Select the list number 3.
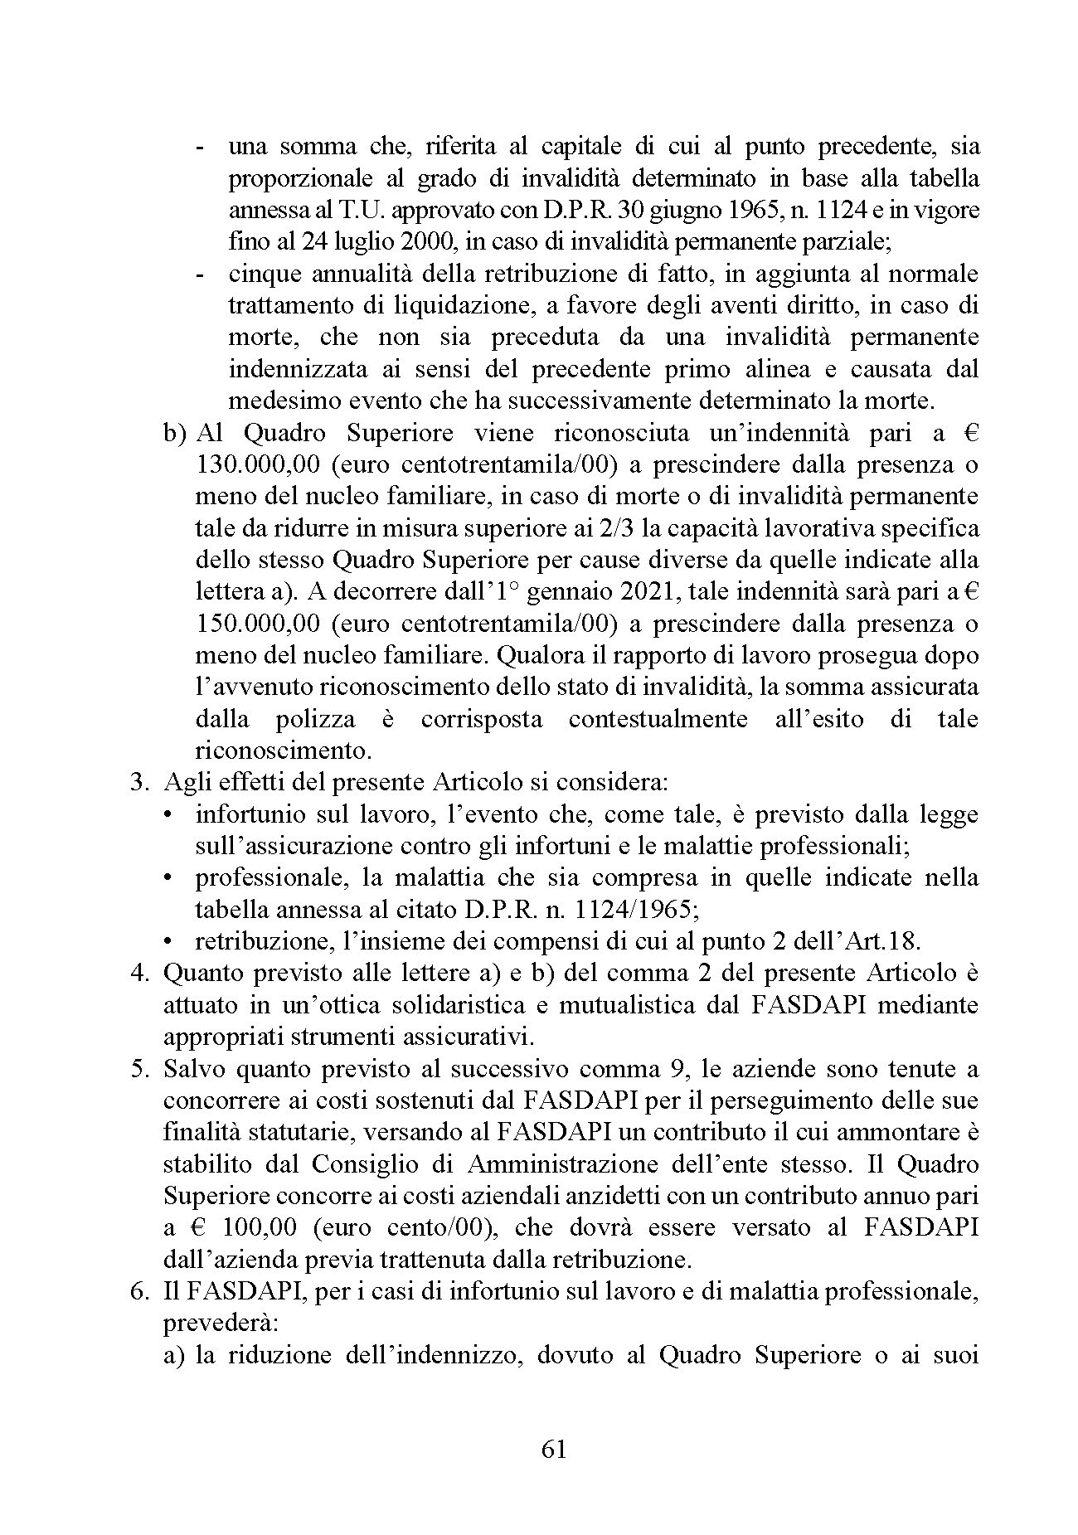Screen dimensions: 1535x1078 [x=138, y=782]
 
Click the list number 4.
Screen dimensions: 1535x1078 [x=138, y=973]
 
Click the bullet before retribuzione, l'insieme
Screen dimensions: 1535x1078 [x=169, y=941]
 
